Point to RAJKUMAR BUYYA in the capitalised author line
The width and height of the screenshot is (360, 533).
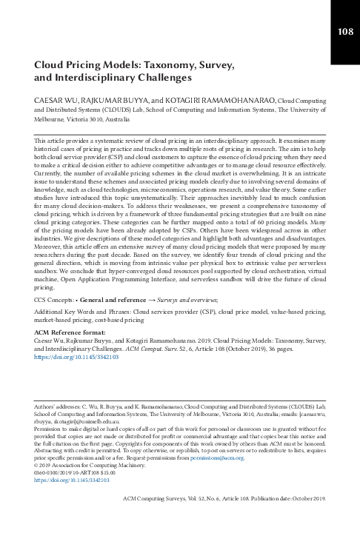pos(110,98)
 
